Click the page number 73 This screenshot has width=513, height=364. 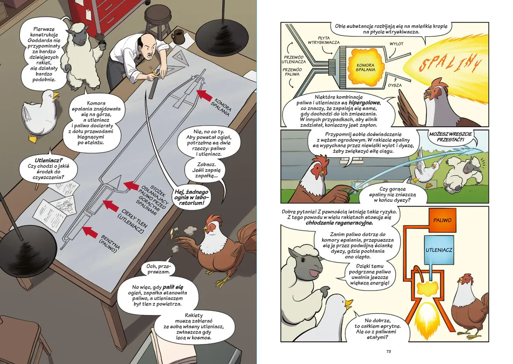click(x=389, y=352)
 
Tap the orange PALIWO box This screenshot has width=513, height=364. click(x=442, y=220)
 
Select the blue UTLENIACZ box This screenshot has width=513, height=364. click(x=439, y=250)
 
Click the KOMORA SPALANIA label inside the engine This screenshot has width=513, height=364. click(x=366, y=68)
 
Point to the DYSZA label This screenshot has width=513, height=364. click(x=395, y=85)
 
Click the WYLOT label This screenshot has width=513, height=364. click(x=396, y=44)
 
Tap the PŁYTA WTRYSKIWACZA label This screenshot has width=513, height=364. click(x=324, y=40)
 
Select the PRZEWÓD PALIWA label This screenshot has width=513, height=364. click(x=292, y=72)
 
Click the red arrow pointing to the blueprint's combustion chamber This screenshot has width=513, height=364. click(x=204, y=94)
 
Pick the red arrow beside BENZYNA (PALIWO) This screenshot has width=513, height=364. click(x=90, y=232)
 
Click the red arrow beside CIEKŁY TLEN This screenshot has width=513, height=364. click(x=111, y=205)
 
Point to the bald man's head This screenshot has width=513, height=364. click(x=145, y=46)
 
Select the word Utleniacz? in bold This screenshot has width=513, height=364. click(x=49, y=161)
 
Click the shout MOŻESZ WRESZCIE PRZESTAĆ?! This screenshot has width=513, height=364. click(x=450, y=136)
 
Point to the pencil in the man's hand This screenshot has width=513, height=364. click(x=153, y=71)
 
